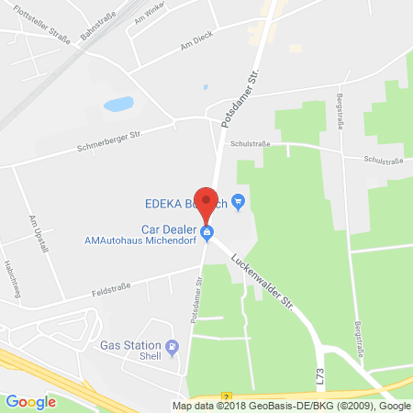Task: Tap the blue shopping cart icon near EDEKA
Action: click(x=239, y=200)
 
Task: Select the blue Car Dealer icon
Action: click(x=207, y=232)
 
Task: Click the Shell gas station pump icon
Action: click(x=182, y=345)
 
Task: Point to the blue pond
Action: click(x=118, y=105)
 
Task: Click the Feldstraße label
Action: click(x=116, y=287)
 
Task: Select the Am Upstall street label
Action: click(x=36, y=232)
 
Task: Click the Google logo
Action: click(x=31, y=401)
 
